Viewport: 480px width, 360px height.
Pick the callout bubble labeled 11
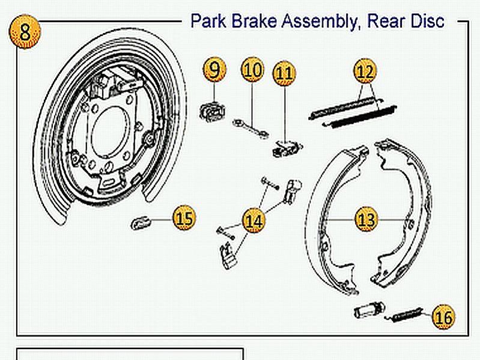[285, 73]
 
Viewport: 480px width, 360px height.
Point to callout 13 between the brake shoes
[366, 219]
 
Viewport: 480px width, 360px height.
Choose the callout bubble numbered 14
[254, 221]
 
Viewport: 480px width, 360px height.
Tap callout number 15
[184, 218]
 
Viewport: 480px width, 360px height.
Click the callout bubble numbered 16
[443, 316]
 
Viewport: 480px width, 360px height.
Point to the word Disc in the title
[425, 21]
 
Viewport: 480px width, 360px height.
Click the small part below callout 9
[211, 111]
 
